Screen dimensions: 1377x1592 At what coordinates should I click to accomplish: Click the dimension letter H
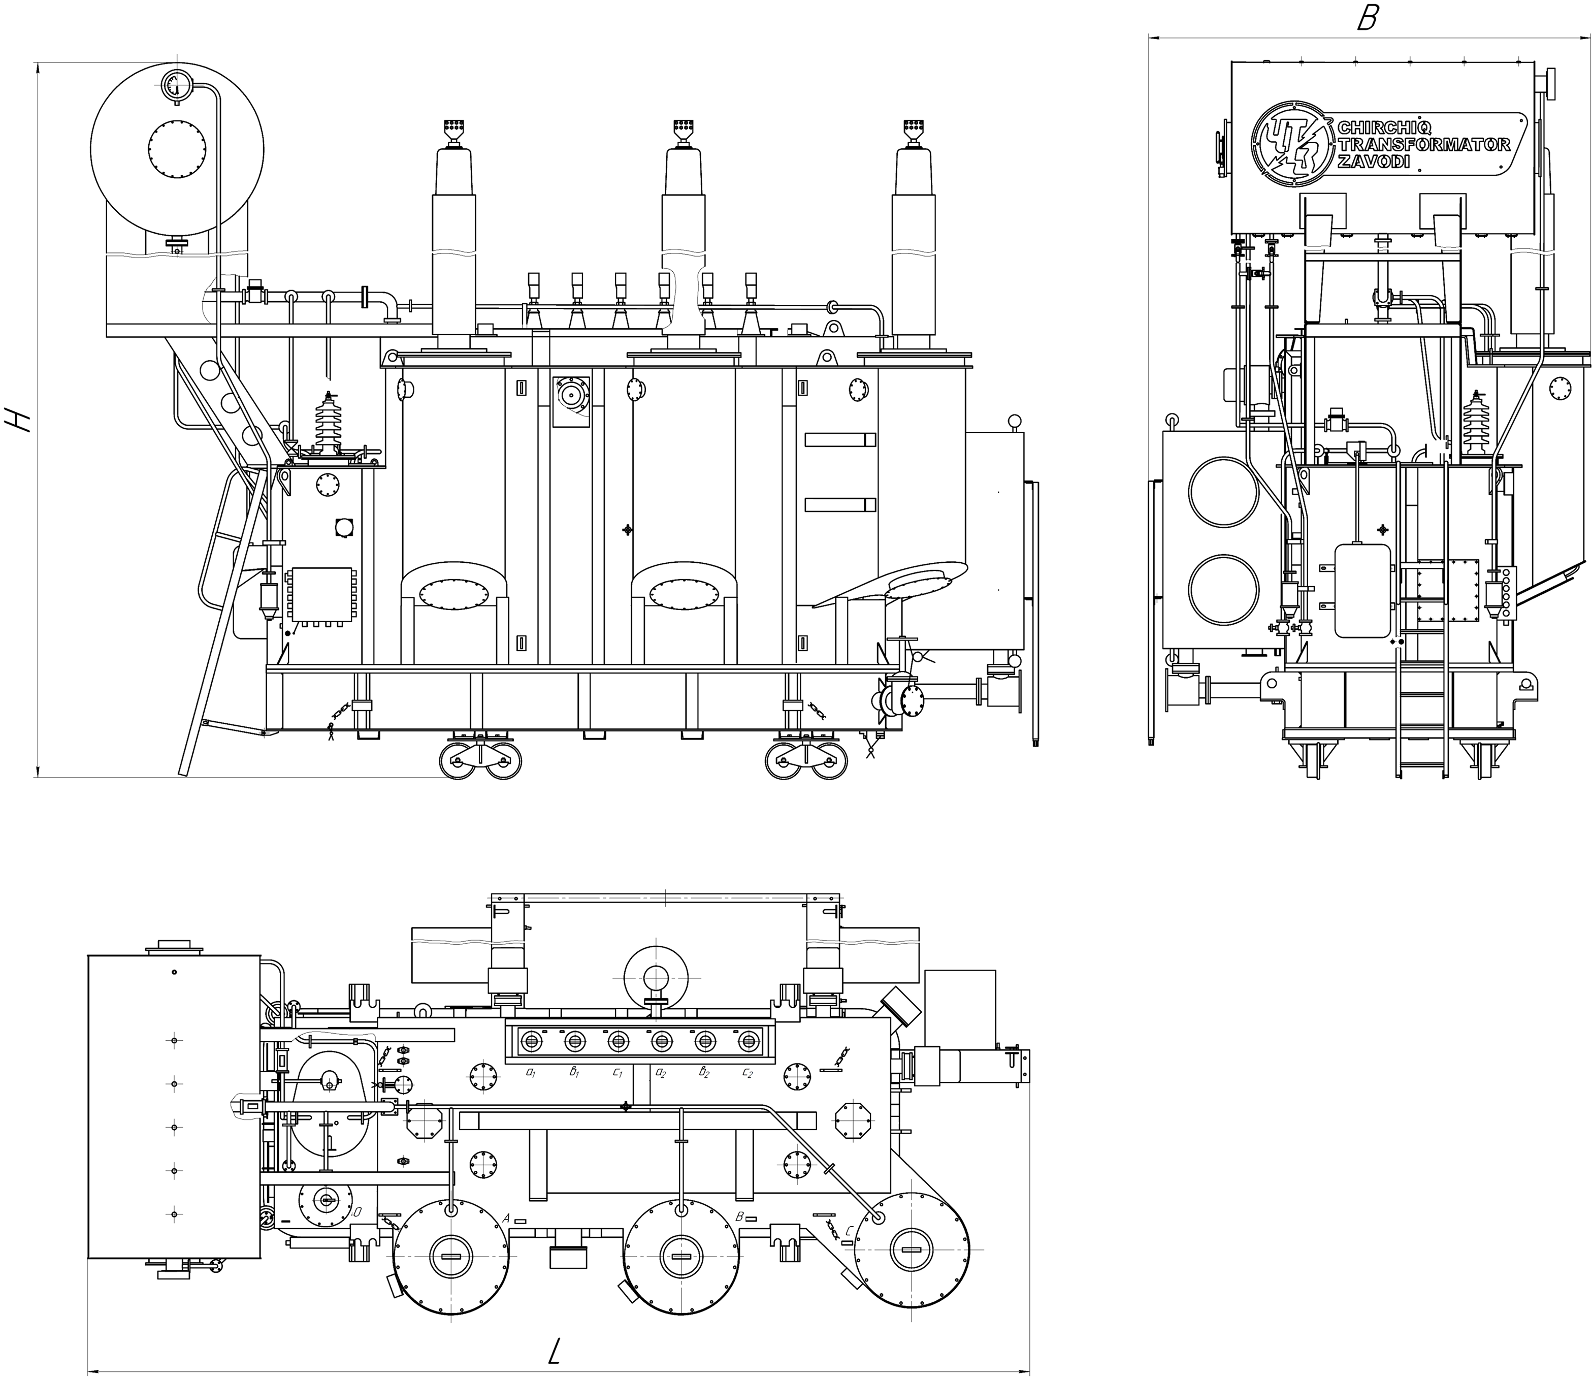click(18, 419)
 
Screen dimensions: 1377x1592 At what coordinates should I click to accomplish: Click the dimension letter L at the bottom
click(555, 1351)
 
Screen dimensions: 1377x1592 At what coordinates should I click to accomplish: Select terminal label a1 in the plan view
click(530, 1071)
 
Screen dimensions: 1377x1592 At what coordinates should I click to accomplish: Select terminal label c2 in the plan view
click(747, 1071)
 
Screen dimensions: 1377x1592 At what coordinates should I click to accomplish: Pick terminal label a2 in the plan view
click(660, 1071)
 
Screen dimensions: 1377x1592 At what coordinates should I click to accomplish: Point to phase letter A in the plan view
click(506, 1218)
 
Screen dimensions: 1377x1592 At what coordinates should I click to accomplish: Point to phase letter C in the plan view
click(848, 1230)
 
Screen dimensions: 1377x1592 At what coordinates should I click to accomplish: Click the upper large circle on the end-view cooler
click(1223, 493)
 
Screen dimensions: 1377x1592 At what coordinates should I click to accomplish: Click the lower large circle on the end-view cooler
click(1223, 589)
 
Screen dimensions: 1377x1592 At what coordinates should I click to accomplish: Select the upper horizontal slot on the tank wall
click(840, 439)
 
